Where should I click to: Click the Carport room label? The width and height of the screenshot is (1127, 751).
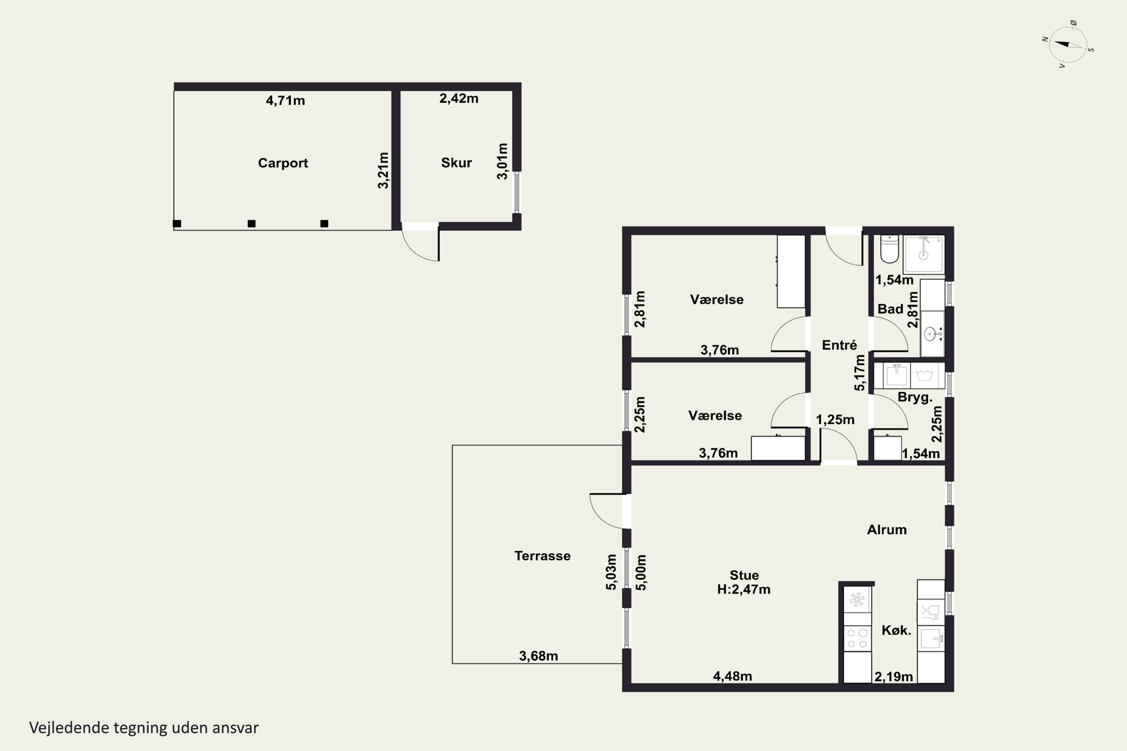click(283, 163)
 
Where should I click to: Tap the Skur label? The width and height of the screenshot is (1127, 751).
click(456, 163)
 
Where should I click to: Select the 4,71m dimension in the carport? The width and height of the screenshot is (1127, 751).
click(285, 101)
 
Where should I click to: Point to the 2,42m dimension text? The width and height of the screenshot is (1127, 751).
click(459, 98)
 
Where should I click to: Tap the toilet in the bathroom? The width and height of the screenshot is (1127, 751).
click(889, 249)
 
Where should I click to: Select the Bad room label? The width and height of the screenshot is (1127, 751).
click(890, 309)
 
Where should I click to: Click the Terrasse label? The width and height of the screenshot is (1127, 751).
click(542, 556)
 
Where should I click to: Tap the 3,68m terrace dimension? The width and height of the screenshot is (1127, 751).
click(539, 656)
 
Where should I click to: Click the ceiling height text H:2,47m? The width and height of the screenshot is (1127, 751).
click(744, 590)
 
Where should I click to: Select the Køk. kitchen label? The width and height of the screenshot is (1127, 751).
click(896, 630)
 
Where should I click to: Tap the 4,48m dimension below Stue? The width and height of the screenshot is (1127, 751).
click(732, 676)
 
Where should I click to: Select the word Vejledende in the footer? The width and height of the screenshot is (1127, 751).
click(69, 728)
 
